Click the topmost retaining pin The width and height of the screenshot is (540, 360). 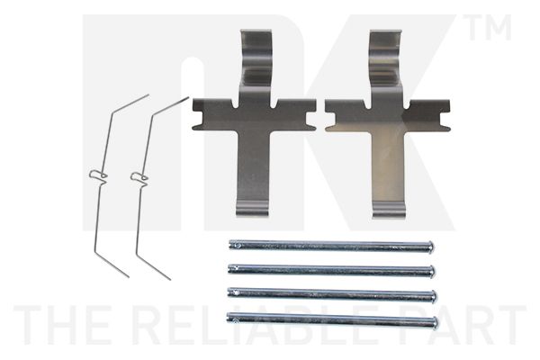(x=331, y=246)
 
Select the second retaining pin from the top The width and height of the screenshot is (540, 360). (x=331, y=269)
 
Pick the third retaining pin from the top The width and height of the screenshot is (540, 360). (x=332, y=294)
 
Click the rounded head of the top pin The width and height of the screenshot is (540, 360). (x=430, y=247)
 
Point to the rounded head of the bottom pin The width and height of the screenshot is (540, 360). (x=436, y=323)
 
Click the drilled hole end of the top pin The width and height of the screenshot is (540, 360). (x=234, y=245)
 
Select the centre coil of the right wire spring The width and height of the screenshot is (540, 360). (x=139, y=176)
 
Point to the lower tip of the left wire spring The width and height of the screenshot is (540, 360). (x=128, y=276)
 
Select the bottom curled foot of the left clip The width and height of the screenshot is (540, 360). (x=252, y=209)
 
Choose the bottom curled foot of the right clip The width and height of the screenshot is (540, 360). (x=390, y=209)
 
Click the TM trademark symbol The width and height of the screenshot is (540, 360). (x=490, y=27)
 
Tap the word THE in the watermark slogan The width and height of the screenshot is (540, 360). (x=67, y=325)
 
